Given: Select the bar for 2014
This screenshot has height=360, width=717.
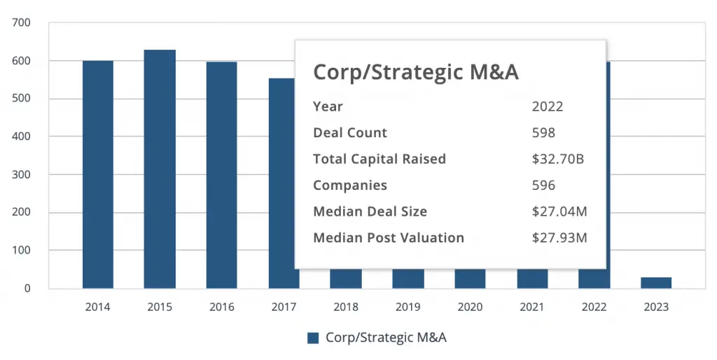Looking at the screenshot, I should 98,174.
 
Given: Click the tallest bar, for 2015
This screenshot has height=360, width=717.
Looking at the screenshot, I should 160,169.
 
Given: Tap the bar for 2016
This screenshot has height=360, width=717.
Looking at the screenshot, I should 221,175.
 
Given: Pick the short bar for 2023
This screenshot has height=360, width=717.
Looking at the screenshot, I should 656,283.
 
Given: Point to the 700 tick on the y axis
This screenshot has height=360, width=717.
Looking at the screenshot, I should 21,23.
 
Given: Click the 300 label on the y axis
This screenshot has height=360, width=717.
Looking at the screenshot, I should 21,174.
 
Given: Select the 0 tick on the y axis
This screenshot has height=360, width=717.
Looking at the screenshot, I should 27,289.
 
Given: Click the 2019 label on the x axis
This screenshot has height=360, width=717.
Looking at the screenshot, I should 408,307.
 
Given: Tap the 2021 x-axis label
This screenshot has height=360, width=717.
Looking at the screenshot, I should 532,307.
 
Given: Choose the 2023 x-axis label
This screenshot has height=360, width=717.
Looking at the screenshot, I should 656,307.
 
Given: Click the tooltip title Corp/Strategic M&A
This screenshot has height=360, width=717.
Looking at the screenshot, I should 415,72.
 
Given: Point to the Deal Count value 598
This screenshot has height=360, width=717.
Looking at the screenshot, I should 544,132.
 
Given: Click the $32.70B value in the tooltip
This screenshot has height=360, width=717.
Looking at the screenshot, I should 558,159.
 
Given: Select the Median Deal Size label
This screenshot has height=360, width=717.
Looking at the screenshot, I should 370,212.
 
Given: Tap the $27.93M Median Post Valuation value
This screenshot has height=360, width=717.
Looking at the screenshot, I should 559,238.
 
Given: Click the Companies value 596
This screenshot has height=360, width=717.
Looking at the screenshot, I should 544,186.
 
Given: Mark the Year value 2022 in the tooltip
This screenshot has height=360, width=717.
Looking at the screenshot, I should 548,106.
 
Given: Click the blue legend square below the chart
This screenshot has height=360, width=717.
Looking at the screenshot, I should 313,338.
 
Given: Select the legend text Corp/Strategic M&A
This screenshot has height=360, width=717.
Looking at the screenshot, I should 386,338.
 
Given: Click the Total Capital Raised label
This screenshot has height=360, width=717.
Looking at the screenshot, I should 379,159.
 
